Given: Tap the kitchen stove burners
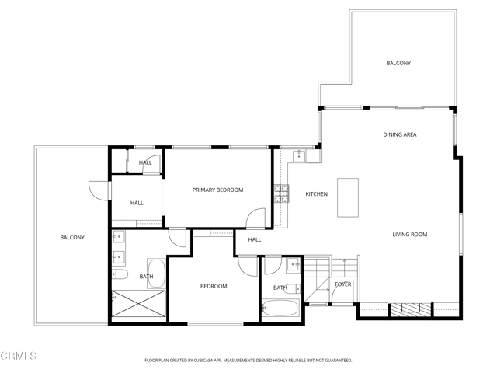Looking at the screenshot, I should (281, 193).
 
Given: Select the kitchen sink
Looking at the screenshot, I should (298, 155).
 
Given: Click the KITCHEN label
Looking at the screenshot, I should (316, 194).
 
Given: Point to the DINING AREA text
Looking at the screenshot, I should (399, 134).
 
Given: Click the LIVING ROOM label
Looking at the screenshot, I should (409, 235).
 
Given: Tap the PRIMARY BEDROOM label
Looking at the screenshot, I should (217, 190).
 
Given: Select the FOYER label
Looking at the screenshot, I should (342, 284).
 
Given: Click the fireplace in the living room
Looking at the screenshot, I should (408, 309).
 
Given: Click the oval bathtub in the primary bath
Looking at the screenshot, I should (156, 274).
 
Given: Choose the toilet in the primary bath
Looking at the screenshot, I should (120, 274).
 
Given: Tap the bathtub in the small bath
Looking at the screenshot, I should (280, 308).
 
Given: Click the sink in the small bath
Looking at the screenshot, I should (293, 266).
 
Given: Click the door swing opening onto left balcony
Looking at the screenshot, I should (99, 190).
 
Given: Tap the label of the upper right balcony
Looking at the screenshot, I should (398, 63).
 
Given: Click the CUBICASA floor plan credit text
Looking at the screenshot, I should (248, 360).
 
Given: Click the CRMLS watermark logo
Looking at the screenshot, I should (19, 356).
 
